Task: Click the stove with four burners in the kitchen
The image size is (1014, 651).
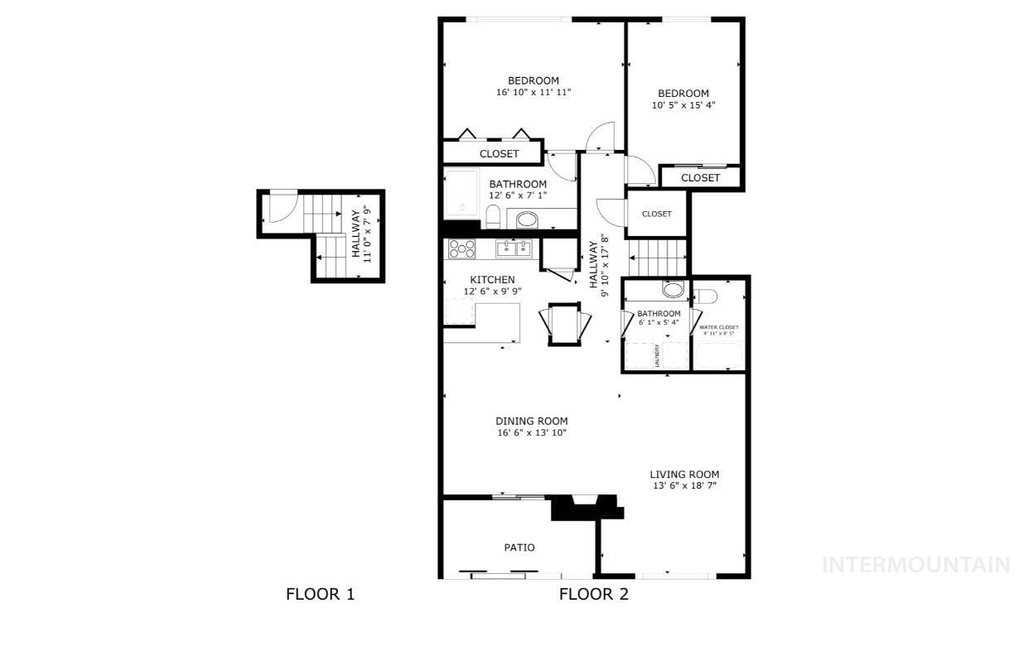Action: [461, 248]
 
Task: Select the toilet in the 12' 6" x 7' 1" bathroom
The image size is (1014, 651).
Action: [492, 217]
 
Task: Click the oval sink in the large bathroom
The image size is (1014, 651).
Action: [526, 220]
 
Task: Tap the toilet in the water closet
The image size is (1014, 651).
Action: [705, 296]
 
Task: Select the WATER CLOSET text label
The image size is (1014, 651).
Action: [719, 328]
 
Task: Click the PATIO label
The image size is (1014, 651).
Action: [519, 547]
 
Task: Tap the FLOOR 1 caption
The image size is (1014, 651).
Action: [320, 594]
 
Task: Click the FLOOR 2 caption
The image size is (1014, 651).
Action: [594, 594]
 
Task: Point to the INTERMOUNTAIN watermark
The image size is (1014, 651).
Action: [915, 565]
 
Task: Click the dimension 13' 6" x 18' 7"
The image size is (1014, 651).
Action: [684, 486]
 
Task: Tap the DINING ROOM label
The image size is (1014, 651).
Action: [531, 421]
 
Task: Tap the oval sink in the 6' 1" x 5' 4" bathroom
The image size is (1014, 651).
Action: [673, 290]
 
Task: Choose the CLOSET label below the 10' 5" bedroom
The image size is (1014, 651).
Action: [700, 178]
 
